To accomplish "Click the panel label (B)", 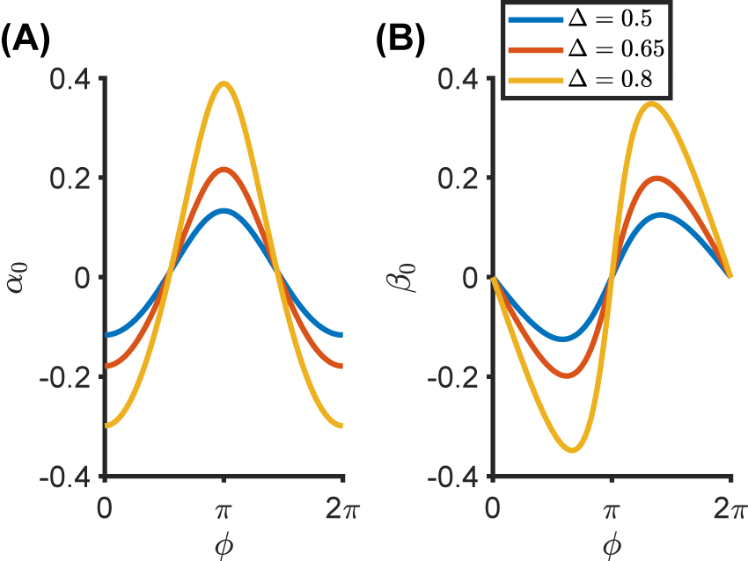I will pos(401,40).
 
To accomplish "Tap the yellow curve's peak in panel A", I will pos(224,84).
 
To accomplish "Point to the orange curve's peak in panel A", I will pos(224,169).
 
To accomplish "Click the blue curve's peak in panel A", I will pos(224,210).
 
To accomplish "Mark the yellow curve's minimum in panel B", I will pos(572,450).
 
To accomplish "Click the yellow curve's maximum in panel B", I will pos(651,104).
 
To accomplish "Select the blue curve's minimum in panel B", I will pos(564,339).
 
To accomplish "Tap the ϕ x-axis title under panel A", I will pos(224,545).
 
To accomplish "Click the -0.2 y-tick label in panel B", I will pos(454,377).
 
